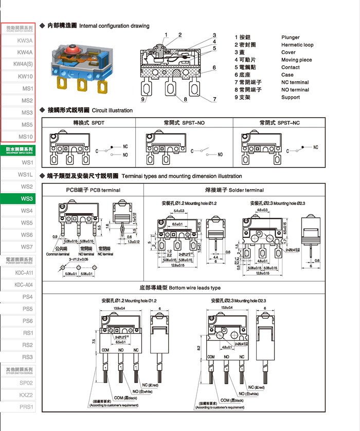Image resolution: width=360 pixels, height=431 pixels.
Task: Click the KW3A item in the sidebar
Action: [x=25, y=40]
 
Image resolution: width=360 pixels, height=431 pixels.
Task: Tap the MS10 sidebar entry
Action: [x=26, y=136]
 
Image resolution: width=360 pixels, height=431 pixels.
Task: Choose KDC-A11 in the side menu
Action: [x=24, y=273]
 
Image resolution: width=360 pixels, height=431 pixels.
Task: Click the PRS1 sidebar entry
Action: [x=26, y=407]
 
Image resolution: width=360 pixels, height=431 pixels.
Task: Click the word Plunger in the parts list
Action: [x=290, y=38]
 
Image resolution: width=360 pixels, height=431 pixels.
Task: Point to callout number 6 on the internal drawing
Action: [x=214, y=67]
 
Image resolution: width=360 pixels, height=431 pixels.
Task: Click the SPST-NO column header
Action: [x=184, y=123]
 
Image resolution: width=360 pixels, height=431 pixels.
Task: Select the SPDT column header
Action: [x=88, y=123]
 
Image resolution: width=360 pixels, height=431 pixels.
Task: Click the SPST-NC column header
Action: [x=279, y=123]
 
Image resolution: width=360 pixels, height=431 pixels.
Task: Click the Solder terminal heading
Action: [x=235, y=190]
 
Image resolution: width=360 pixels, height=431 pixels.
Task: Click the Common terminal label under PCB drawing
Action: [x=58, y=254]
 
